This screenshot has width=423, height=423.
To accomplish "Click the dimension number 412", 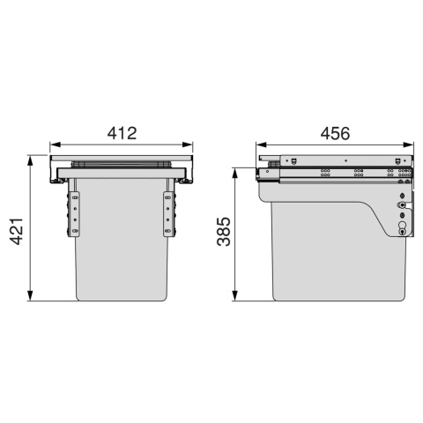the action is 122,133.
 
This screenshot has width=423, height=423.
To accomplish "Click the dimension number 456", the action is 335,133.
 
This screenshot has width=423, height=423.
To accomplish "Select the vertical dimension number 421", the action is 17,231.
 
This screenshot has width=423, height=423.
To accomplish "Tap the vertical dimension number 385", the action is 224,232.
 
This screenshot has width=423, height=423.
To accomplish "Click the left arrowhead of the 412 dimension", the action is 55,145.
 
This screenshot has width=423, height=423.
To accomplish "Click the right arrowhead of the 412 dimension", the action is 188,145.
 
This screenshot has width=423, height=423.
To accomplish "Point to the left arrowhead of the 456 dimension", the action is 261,145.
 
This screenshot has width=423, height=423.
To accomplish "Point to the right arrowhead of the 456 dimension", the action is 408,145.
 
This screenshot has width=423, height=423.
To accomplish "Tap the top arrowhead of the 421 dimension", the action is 30,160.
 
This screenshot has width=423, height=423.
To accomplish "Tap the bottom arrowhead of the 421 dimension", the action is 30,295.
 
